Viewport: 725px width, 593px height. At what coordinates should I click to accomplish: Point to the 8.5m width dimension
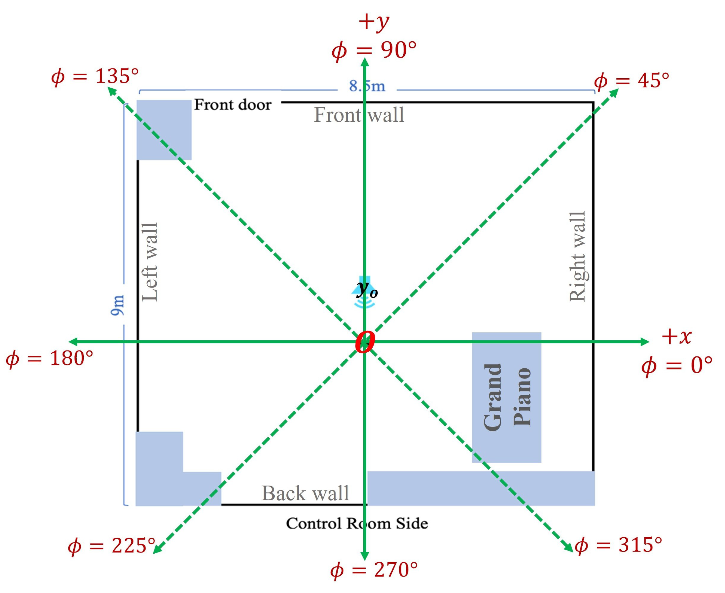[367, 86]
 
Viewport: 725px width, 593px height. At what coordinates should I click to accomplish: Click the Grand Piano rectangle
[506, 397]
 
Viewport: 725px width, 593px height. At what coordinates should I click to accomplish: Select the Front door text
[233, 105]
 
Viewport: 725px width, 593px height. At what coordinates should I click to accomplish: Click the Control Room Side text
[357, 523]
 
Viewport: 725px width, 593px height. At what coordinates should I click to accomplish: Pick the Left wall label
[150, 262]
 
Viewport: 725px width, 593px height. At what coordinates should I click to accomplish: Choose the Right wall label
[578, 257]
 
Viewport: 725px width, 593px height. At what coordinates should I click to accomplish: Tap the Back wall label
[305, 493]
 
